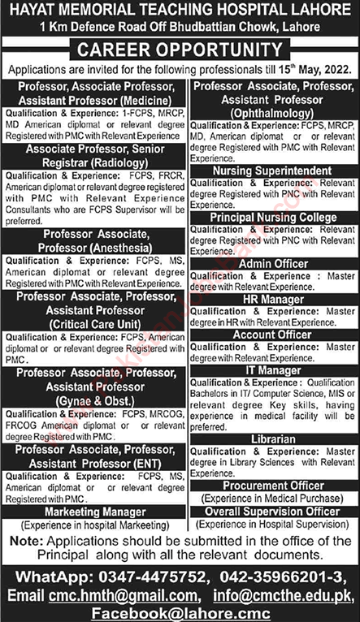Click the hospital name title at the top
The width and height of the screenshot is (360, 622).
point(180,11)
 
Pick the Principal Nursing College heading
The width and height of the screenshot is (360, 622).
point(272,217)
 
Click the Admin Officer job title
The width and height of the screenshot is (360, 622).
point(272,264)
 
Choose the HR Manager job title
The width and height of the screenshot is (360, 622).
point(272,300)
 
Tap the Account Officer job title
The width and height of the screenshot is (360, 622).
point(272,335)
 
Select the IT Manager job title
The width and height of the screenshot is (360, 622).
point(272,370)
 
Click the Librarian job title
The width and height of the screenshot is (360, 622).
point(272,438)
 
